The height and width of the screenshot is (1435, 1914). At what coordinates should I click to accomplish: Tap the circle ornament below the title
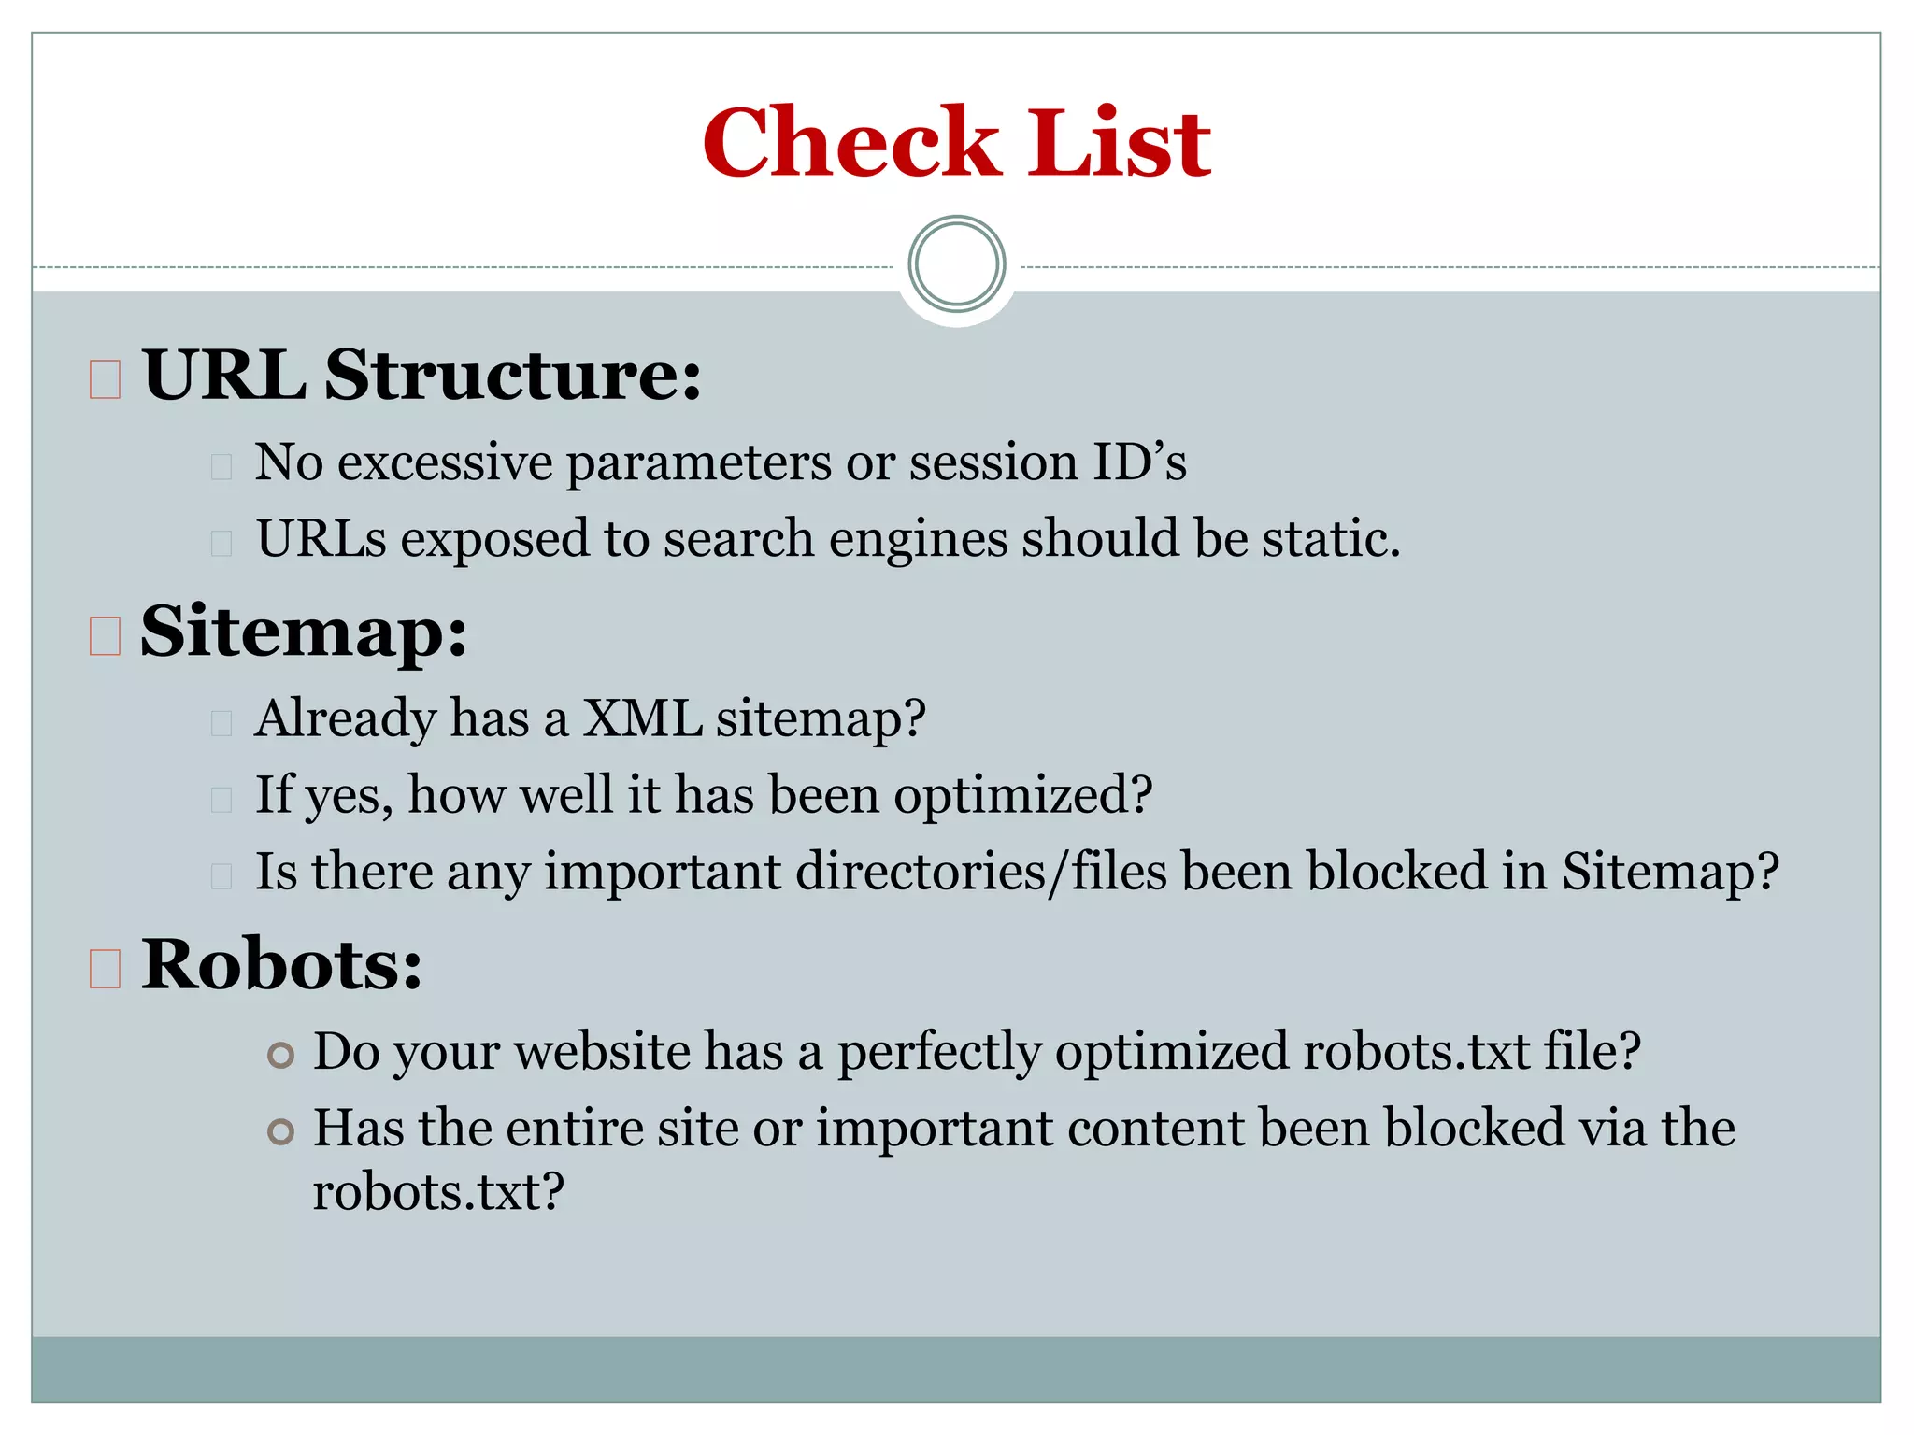956,264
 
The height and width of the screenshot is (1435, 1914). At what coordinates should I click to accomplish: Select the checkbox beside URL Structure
105,379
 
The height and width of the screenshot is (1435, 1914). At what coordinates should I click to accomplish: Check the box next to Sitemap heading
105,636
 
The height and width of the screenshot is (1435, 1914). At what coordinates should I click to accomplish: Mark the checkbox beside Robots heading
105,968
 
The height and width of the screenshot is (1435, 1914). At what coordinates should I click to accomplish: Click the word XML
642,718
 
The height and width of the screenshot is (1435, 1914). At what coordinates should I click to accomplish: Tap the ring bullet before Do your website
280,1056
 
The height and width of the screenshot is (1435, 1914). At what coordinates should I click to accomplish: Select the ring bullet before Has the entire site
280,1132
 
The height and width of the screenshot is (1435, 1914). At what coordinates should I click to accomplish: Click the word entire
575,1128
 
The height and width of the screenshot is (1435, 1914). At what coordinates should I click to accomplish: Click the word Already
345,720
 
